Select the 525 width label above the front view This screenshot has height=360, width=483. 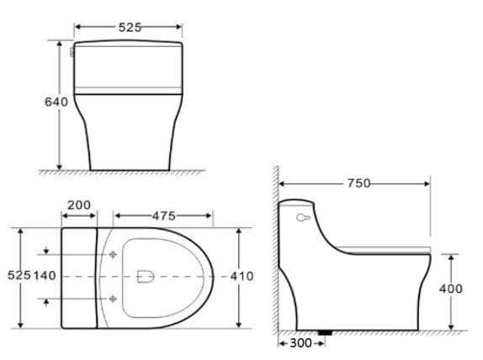(x=130, y=27)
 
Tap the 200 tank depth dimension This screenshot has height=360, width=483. (x=79, y=205)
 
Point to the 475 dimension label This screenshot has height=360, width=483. (x=163, y=216)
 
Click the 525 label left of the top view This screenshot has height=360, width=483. (x=19, y=276)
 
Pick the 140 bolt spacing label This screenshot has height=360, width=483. (x=45, y=276)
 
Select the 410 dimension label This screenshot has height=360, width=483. (x=241, y=276)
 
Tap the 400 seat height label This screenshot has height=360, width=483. (x=451, y=289)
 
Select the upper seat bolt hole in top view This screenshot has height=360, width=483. (x=113, y=253)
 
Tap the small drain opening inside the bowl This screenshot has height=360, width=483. (x=145, y=275)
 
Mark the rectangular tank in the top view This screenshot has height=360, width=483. (x=79, y=276)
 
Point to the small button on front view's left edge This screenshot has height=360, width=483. (x=72, y=52)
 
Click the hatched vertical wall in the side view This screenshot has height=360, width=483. (x=275, y=252)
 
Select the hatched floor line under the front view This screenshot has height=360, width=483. (x=126, y=172)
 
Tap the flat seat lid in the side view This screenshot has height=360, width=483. (x=387, y=251)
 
